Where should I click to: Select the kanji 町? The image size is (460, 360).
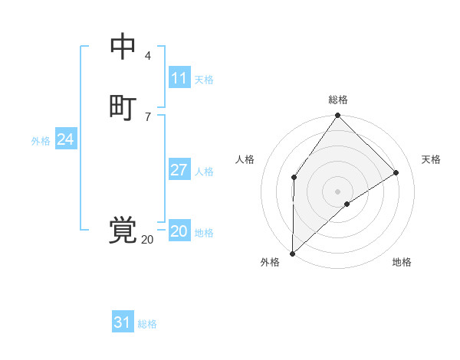coord(123,106)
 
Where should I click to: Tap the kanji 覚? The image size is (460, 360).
coord(123,230)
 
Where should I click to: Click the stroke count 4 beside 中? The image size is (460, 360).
coord(148,56)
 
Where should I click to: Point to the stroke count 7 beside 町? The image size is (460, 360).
coord(148,116)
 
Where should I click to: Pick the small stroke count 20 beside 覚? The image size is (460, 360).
coord(147,240)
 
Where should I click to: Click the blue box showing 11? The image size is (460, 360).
coord(179,78)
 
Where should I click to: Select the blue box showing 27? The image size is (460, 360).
coord(179,170)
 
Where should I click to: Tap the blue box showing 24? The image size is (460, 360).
coord(66,139)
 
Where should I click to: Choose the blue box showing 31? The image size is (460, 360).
coord(123,322)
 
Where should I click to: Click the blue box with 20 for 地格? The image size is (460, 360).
coord(179,231)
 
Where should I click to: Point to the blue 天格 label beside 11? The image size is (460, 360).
coord(204,80)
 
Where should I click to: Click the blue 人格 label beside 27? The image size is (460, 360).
coord(204,172)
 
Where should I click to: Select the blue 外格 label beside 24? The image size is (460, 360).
coord(41,141)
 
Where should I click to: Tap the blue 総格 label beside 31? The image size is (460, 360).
coord(147,324)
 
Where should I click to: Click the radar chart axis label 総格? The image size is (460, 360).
coord(338,100)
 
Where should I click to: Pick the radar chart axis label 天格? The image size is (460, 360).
coord(432,159)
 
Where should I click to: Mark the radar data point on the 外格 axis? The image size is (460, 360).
coord(292,254)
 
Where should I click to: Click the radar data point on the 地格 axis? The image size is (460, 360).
coord(347,204)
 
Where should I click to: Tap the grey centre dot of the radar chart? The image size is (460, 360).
coord(338,191)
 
